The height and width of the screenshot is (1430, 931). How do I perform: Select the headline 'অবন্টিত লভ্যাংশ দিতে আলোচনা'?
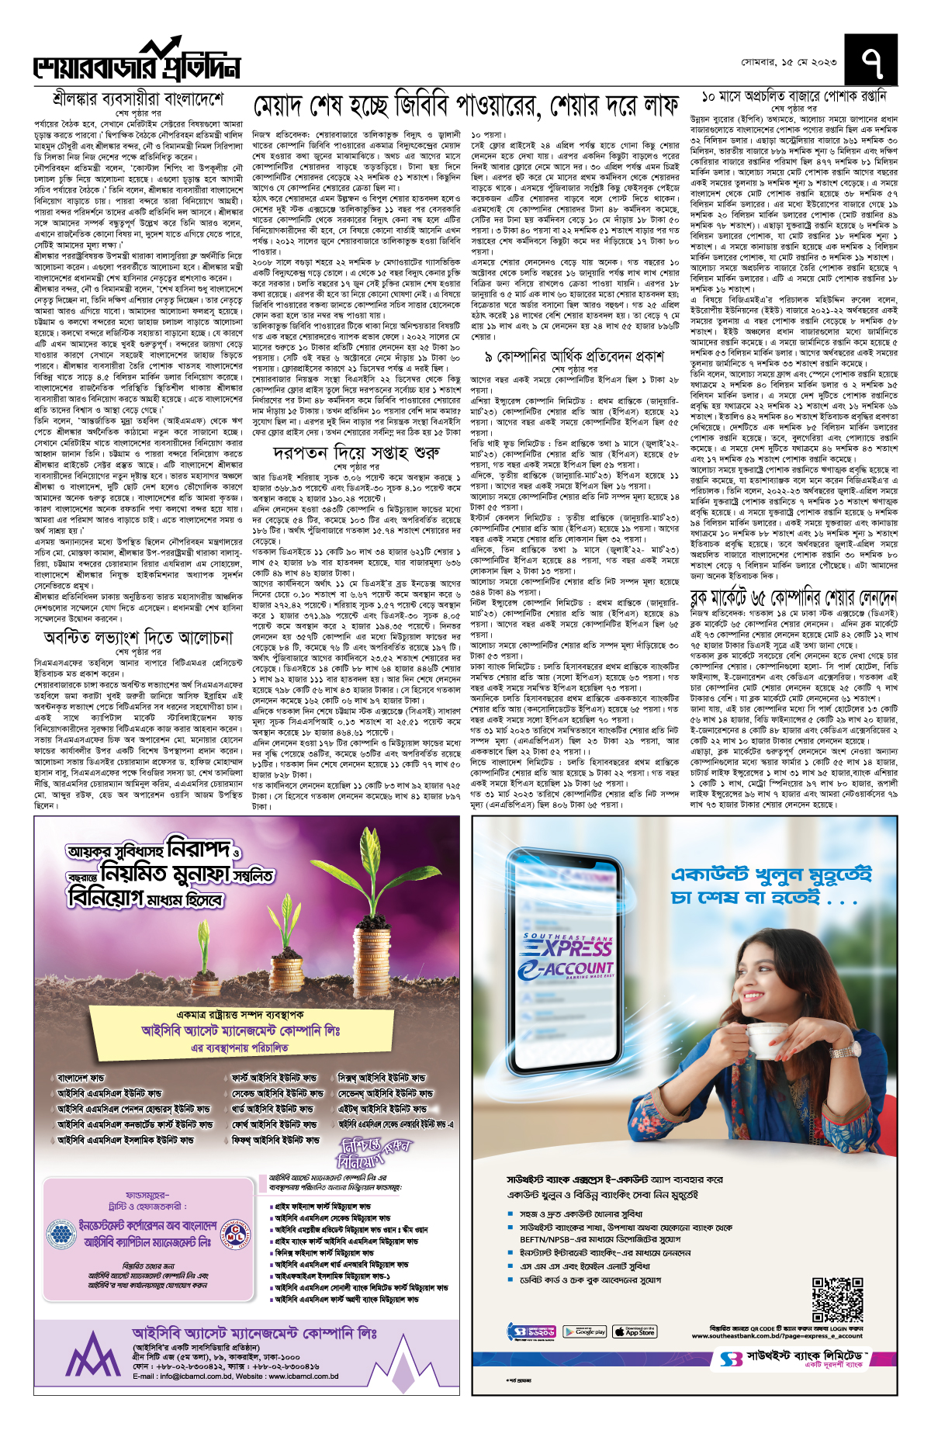[138, 638]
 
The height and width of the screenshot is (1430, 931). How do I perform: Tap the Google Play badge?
[584, 1332]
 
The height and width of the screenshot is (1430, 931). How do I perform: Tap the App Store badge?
[634, 1332]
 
